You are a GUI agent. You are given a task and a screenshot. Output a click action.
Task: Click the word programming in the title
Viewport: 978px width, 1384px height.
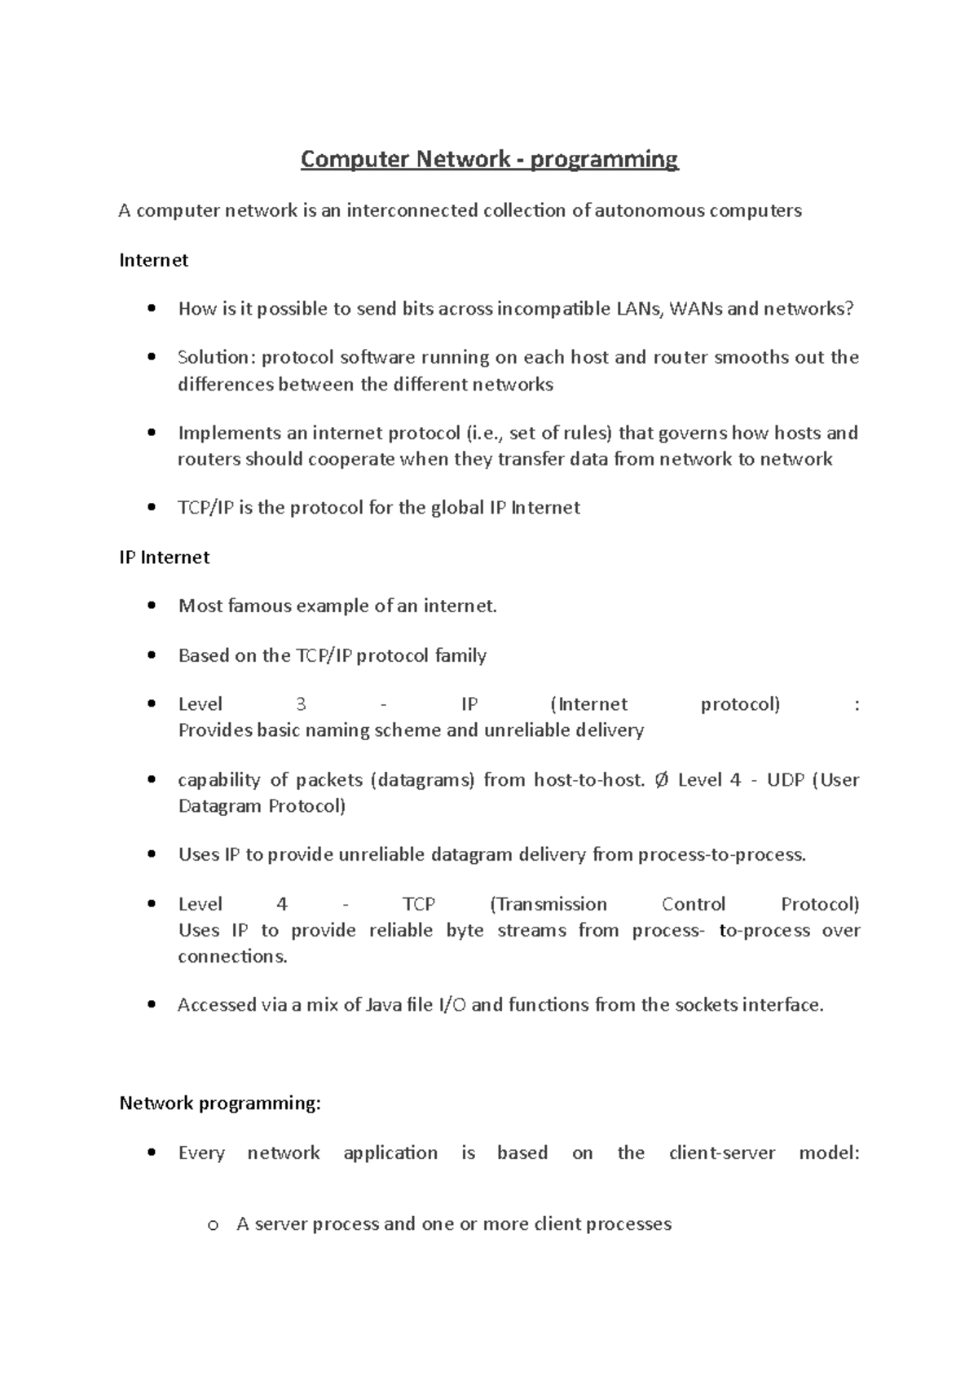(x=604, y=160)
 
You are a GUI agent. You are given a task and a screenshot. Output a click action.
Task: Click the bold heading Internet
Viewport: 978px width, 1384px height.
(x=153, y=260)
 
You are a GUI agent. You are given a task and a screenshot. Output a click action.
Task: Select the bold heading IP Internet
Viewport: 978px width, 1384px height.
(x=164, y=558)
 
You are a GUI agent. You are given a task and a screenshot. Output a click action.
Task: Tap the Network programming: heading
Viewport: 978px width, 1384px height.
(x=220, y=1104)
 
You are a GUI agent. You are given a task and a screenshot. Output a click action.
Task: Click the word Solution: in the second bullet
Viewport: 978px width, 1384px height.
(x=217, y=358)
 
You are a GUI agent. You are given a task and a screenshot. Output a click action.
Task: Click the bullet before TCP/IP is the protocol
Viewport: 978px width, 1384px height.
(x=151, y=508)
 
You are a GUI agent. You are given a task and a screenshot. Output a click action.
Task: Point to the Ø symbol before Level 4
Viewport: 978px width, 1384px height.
(x=661, y=780)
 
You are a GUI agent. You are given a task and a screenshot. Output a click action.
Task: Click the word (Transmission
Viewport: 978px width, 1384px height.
(x=548, y=905)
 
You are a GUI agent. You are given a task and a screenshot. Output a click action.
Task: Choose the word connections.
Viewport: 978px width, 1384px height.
(x=232, y=957)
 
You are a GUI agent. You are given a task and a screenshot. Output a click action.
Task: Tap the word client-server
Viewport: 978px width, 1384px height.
(x=721, y=1153)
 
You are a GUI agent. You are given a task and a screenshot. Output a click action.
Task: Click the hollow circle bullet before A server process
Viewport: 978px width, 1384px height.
(x=214, y=1225)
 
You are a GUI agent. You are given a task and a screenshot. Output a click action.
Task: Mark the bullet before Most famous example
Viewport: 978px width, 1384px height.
(x=151, y=606)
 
